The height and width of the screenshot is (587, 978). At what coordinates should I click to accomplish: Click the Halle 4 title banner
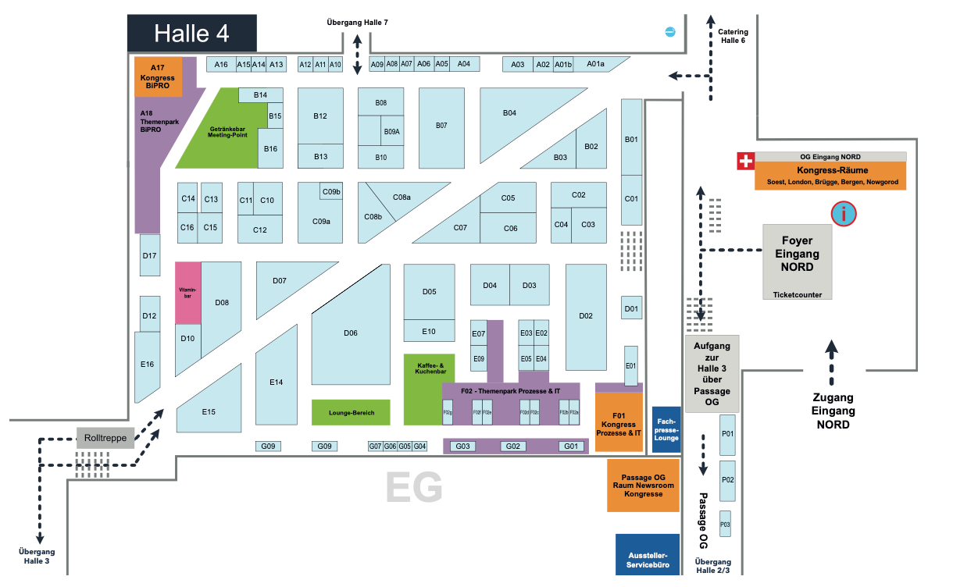click(x=191, y=34)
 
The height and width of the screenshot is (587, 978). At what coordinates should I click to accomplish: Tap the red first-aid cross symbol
click(x=746, y=162)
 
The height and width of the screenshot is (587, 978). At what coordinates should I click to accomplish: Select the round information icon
click(x=844, y=213)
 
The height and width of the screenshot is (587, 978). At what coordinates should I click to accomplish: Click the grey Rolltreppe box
click(x=105, y=438)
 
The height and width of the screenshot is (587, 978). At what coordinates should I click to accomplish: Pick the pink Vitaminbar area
click(x=187, y=293)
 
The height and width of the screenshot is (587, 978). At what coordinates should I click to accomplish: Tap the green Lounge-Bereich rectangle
click(x=352, y=412)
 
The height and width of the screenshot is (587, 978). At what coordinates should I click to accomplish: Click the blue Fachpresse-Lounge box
click(x=666, y=429)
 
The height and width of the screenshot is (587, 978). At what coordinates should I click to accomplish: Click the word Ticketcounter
click(x=797, y=294)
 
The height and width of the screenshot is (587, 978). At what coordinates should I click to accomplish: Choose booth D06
click(x=351, y=333)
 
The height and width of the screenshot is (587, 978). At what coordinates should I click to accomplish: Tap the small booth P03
click(x=725, y=525)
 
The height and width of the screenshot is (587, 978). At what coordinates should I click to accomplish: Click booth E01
click(x=631, y=365)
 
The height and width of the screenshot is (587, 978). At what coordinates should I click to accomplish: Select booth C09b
click(x=331, y=191)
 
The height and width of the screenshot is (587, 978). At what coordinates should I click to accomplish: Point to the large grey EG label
click(x=414, y=489)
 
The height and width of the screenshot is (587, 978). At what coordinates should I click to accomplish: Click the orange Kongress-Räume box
click(x=830, y=176)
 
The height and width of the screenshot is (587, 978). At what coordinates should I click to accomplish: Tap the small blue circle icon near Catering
click(x=669, y=31)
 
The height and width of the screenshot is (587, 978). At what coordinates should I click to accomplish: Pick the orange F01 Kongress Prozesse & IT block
click(x=619, y=422)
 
